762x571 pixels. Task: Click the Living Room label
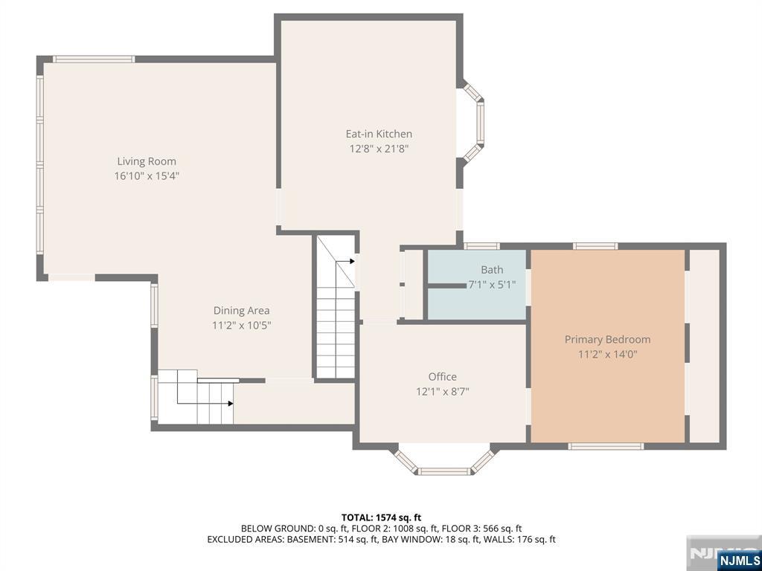point(147,161)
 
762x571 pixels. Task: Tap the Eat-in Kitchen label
point(379,134)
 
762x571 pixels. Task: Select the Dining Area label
point(242,311)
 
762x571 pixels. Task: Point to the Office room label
point(442,377)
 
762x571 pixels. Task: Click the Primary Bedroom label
point(607,340)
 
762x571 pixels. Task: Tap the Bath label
point(492,270)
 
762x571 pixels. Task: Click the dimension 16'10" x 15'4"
point(147,176)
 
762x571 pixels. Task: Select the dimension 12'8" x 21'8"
point(379,149)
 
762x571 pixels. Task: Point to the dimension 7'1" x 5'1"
point(491,285)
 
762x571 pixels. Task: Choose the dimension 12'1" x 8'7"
point(442,391)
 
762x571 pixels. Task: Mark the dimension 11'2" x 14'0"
point(607,355)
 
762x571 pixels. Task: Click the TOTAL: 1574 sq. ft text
point(381,517)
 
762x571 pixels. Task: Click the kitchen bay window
point(475,123)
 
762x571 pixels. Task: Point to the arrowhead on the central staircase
point(352,261)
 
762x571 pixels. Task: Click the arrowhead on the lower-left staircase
point(231,403)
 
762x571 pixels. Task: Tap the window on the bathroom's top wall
point(481,246)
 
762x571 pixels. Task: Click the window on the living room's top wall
point(94,59)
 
